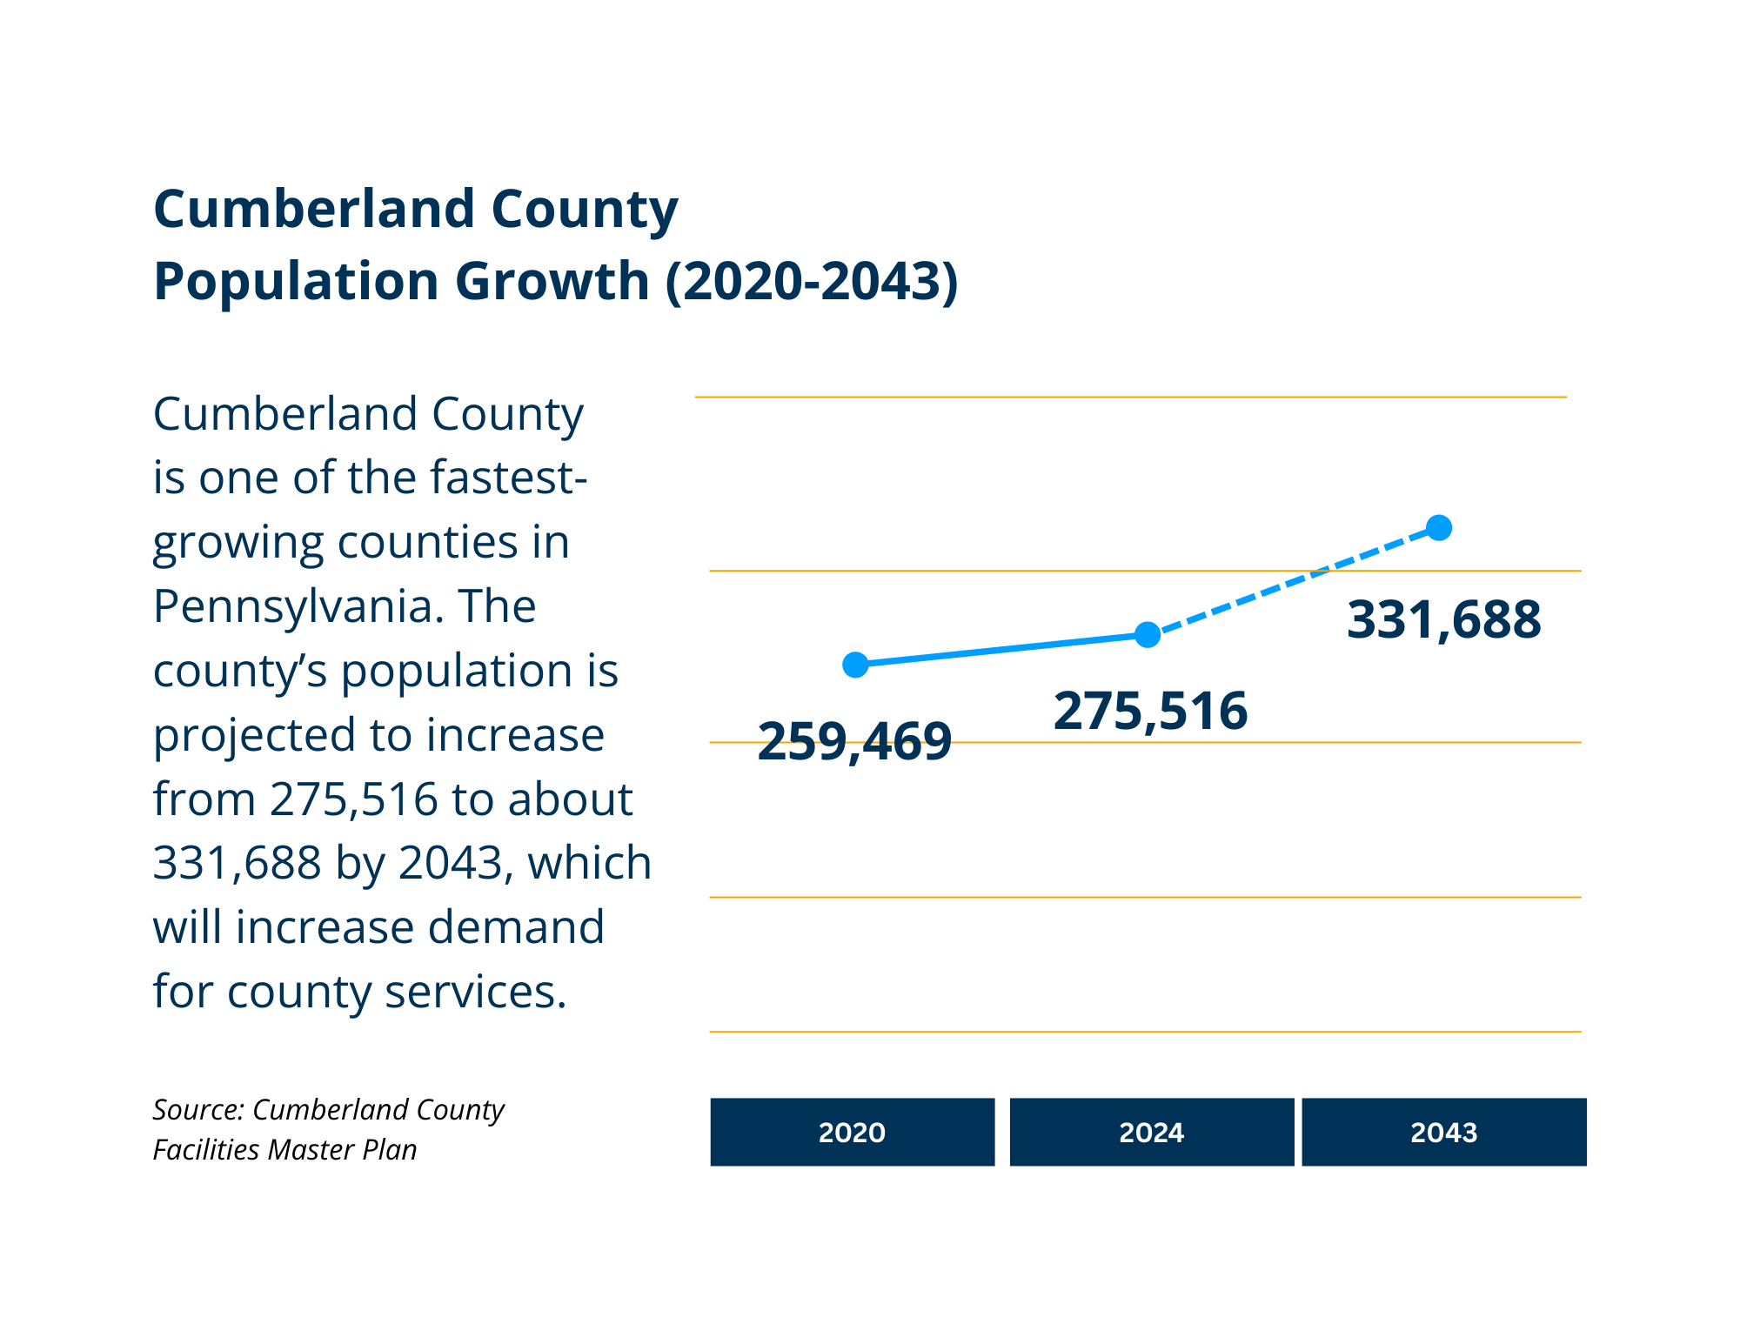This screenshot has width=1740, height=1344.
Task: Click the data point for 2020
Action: [x=855, y=665]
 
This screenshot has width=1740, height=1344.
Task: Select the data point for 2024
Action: [x=1148, y=635]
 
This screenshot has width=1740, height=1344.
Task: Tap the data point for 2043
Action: [x=1439, y=528]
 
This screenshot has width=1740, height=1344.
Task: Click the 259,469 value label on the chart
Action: [x=854, y=742]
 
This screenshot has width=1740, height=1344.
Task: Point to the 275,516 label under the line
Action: [x=1150, y=712]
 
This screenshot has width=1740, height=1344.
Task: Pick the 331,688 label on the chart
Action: [x=1443, y=620]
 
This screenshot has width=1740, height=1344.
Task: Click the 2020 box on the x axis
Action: [x=852, y=1132]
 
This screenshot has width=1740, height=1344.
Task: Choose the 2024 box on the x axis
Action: [x=1151, y=1132]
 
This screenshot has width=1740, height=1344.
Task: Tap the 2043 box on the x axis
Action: [x=1443, y=1132]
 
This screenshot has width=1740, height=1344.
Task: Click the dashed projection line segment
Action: [x=1294, y=581]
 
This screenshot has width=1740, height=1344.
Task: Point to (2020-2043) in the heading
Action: [x=811, y=282]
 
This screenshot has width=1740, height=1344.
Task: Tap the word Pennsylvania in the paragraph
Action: [x=291, y=606]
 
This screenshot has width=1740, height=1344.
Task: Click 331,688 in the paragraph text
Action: [x=237, y=863]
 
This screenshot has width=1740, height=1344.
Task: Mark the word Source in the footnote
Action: [x=197, y=1110]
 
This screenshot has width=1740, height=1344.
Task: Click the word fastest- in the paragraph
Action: [x=508, y=478]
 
